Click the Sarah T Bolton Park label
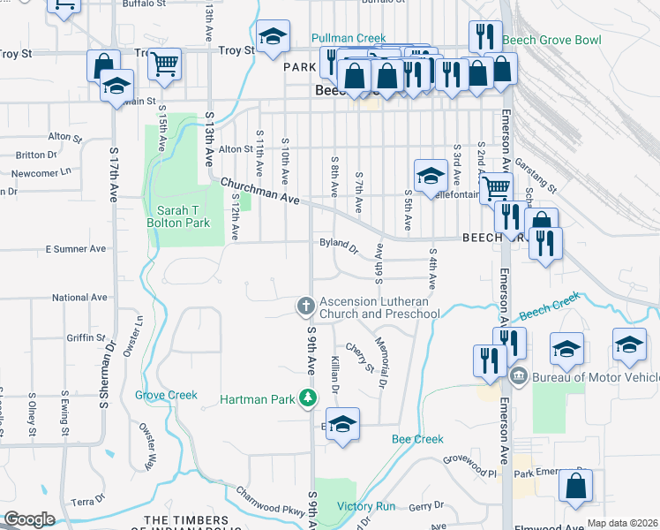[x=184, y=216]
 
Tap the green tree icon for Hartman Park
[x=308, y=399]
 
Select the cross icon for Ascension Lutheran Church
[x=306, y=307]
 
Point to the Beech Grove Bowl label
[x=551, y=41]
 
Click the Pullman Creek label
[x=349, y=38]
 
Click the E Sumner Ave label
[x=75, y=249]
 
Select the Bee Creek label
[x=416, y=439]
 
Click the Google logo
[x=29, y=519]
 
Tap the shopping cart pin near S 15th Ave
[x=163, y=63]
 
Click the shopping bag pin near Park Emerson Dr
[x=575, y=485]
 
